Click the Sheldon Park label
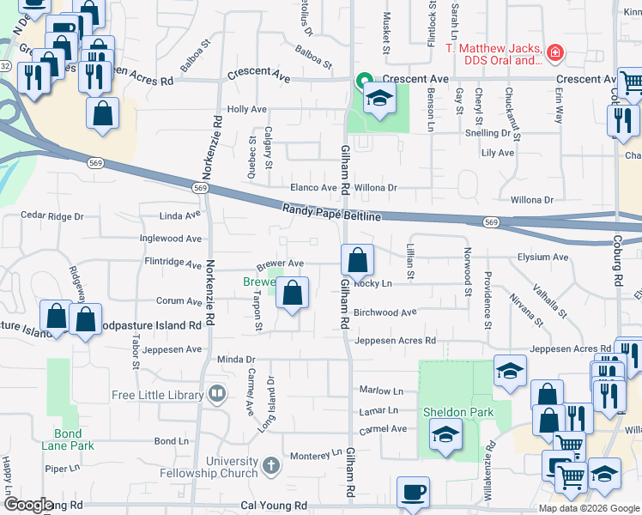click(x=459, y=412)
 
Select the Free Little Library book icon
click(x=217, y=395)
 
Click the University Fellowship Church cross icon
click(x=271, y=466)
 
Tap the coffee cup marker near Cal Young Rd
click(x=413, y=494)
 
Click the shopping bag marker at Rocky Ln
click(x=357, y=259)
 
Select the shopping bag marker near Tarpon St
click(x=293, y=293)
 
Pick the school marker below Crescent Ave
click(x=379, y=100)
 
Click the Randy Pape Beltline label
click(x=331, y=212)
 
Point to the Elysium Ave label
click(x=542, y=257)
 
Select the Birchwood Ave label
click(x=385, y=312)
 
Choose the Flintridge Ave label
click(x=173, y=266)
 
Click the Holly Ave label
click(x=247, y=110)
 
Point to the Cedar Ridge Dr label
click(x=52, y=216)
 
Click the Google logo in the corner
click(x=28, y=505)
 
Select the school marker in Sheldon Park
click(x=445, y=434)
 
